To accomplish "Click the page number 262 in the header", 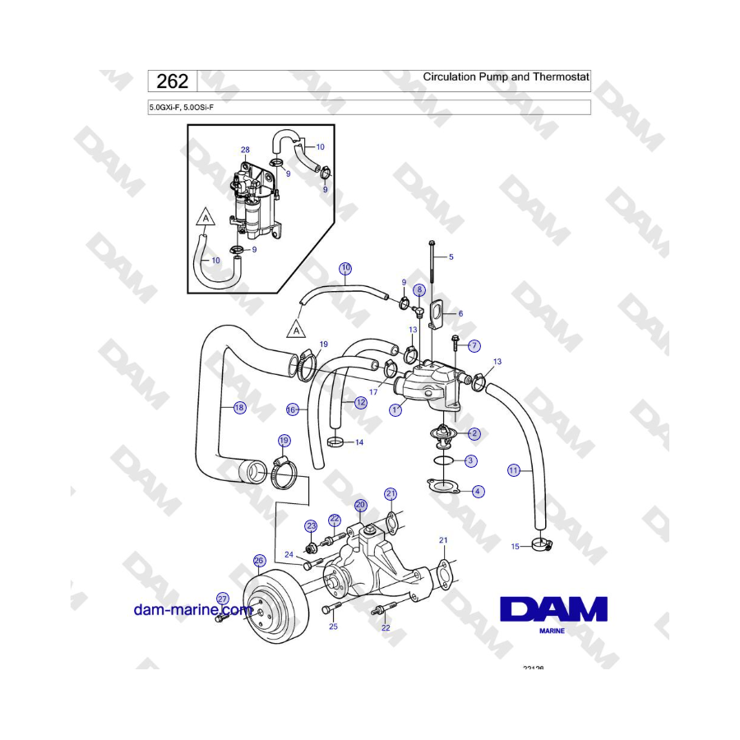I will coord(172,81).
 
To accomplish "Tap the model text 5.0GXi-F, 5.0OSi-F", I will coord(186,107).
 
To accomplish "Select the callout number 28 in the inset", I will coord(245,150).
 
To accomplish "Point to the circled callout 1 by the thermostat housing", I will coord(395,409).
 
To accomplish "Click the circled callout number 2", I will coord(474,432).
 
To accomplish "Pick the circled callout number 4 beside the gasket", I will coord(478,491).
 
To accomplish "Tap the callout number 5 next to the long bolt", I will coord(451,257).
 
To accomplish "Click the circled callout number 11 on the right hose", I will coord(514,470).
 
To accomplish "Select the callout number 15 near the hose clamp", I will coord(516,546).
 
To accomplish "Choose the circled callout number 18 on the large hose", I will coord(239,407).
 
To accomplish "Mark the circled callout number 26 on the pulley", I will coord(259,561).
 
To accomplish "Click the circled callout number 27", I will coord(222,599).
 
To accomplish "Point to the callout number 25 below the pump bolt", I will coord(333,627).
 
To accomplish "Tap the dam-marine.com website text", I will coord(193,609).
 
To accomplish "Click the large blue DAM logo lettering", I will coord(553,609).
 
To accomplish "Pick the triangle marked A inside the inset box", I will coord(205,219).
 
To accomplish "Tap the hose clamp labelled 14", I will coord(335,443).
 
